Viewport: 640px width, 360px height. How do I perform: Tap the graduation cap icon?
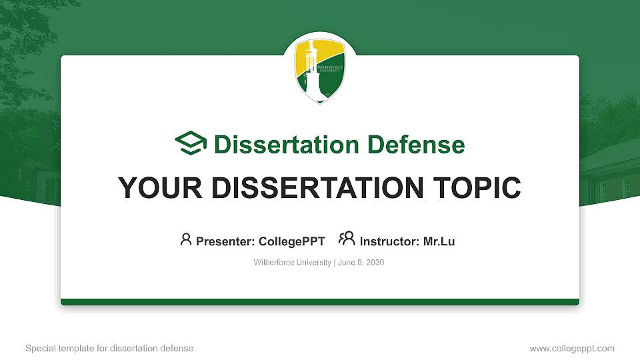coord(191,143)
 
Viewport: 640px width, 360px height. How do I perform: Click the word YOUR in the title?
coord(151,188)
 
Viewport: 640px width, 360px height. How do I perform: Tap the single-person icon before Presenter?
coord(186,239)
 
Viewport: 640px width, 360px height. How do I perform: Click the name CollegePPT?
coord(291,241)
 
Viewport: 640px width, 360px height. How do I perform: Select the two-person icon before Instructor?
coord(347,239)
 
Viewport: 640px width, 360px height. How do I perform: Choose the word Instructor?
coord(389,241)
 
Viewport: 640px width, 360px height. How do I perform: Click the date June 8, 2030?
coord(361,263)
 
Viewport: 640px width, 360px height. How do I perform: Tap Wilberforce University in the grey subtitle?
coord(292,263)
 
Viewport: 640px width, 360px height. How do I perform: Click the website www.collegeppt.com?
coord(571,348)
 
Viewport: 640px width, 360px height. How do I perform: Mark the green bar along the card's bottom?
coord(320,302)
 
